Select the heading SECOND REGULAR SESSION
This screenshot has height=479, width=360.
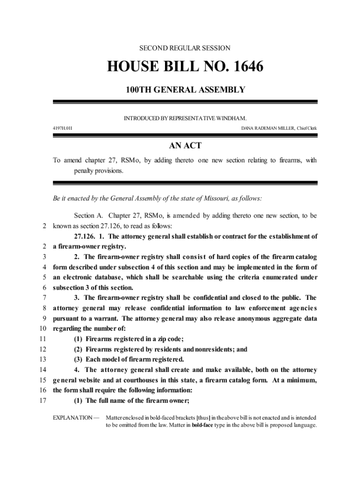pyautogui.click(x=185, y=48)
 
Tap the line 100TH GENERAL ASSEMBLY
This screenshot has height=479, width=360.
pyautogui.click(x=185, y=89)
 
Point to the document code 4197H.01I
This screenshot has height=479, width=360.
pyautogui.click(x=62, y=128)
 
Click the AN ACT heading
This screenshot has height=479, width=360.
pyautogui.click(x=185, y=146)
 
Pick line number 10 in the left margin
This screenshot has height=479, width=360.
pyautogui.click(x=43, y=328)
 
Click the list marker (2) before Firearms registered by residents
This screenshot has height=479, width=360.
pyautogui.click(x=79, y=349)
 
